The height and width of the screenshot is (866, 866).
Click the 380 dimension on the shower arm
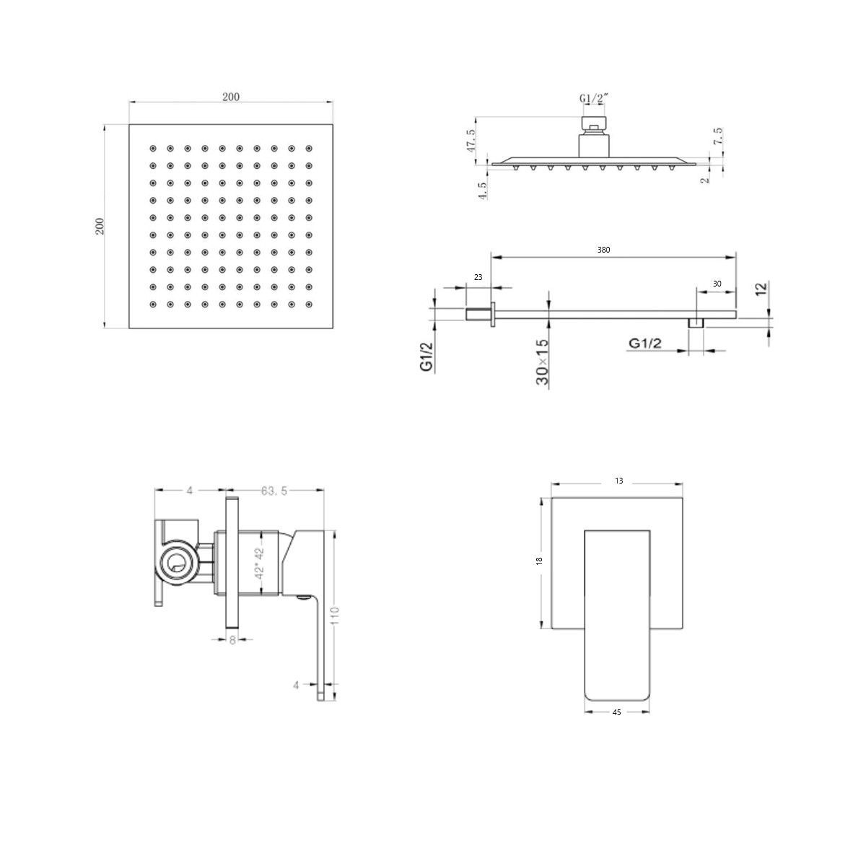603,250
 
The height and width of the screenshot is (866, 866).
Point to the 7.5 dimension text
717,136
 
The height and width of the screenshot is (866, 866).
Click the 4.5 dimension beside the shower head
483,190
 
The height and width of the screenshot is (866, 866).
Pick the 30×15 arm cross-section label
543,362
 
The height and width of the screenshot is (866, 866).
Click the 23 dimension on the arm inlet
478,277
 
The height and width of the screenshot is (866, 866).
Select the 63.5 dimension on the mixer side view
274,491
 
